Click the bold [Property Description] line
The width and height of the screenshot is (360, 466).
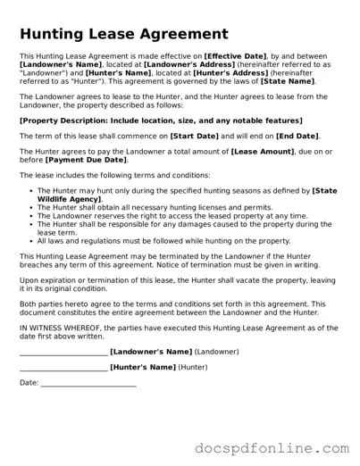pyautogui.click(x=173, y=119)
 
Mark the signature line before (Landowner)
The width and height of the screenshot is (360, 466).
pyautogui.click(x=63, y=353)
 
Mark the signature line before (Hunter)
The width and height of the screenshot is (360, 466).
pyautogui.click(x=63, y=367)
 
